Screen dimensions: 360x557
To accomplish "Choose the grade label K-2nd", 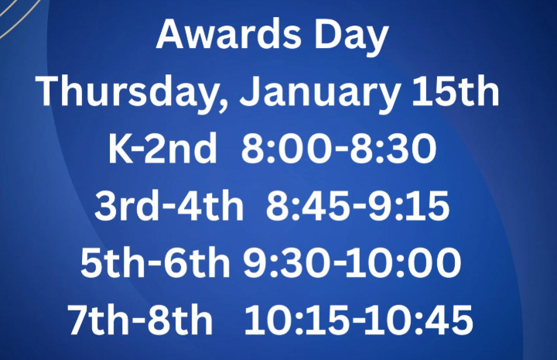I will point(162,150).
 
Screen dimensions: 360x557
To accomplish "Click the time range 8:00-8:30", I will point(339,150).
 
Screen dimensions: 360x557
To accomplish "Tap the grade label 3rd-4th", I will point(168,207).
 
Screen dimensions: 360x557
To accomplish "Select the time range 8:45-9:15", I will point(357,207).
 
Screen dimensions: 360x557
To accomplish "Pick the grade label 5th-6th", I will point(155,263).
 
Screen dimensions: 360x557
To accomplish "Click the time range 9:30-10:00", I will point(352,263).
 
